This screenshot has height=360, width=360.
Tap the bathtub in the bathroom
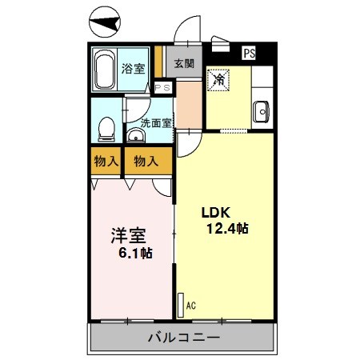point(104,70)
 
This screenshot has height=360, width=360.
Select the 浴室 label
point(133,70)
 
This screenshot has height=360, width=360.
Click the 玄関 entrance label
point(185,64)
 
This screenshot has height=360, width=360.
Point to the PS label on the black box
point(250,54)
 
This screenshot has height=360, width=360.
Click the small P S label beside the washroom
point(162,88)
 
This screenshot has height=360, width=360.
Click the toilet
point(106,130)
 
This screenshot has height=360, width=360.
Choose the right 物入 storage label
point(146,161)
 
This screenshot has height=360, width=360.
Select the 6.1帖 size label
point(136,254)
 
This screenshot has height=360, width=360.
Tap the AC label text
point(190,305)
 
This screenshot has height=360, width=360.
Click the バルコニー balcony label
point(183,338)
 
